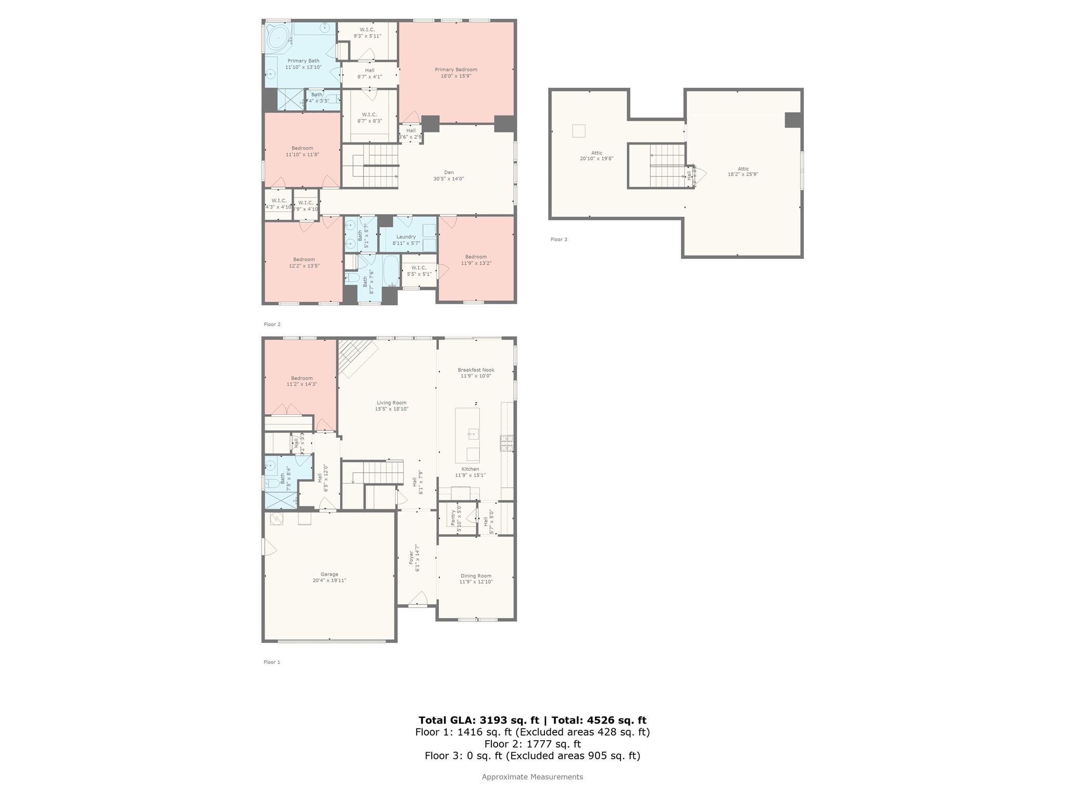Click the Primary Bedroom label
coord(456,70)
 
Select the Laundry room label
coord(406,237)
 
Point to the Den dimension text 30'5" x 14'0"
coord(448,179)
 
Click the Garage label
coord(329,574)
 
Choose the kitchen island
coord(467,435)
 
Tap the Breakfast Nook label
coord(475,370)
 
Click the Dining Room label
coord(475,576)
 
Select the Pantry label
coord(452,518)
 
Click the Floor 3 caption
coord(559,239)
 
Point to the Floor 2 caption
coord(271,324)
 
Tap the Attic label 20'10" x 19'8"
coord(596,153)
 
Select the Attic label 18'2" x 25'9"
coord(743,169)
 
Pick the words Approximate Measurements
coord(532,777)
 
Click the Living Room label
coord(391,403)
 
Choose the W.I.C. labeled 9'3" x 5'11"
coord(367,30)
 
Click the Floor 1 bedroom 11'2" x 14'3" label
coord(302,378)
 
